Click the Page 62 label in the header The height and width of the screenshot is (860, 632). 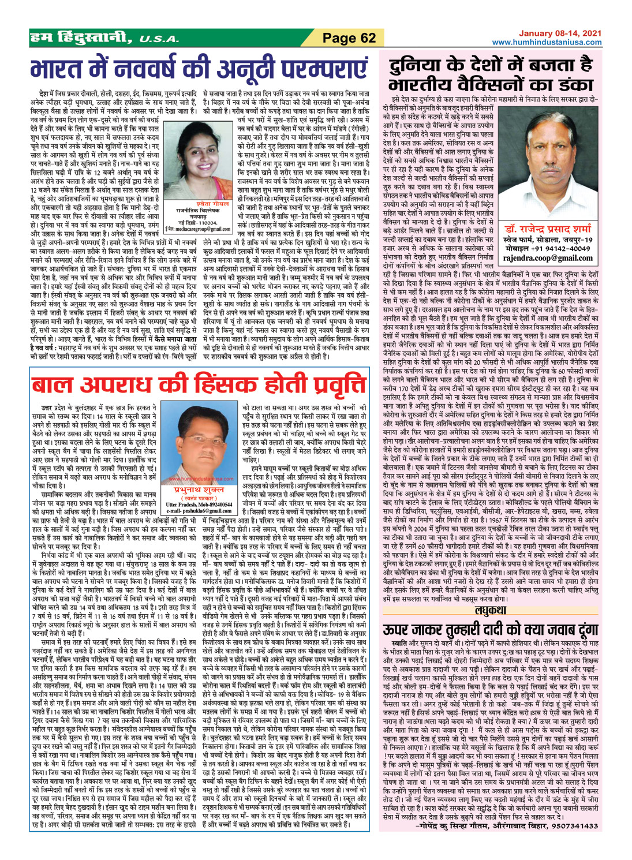click(349, 39)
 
